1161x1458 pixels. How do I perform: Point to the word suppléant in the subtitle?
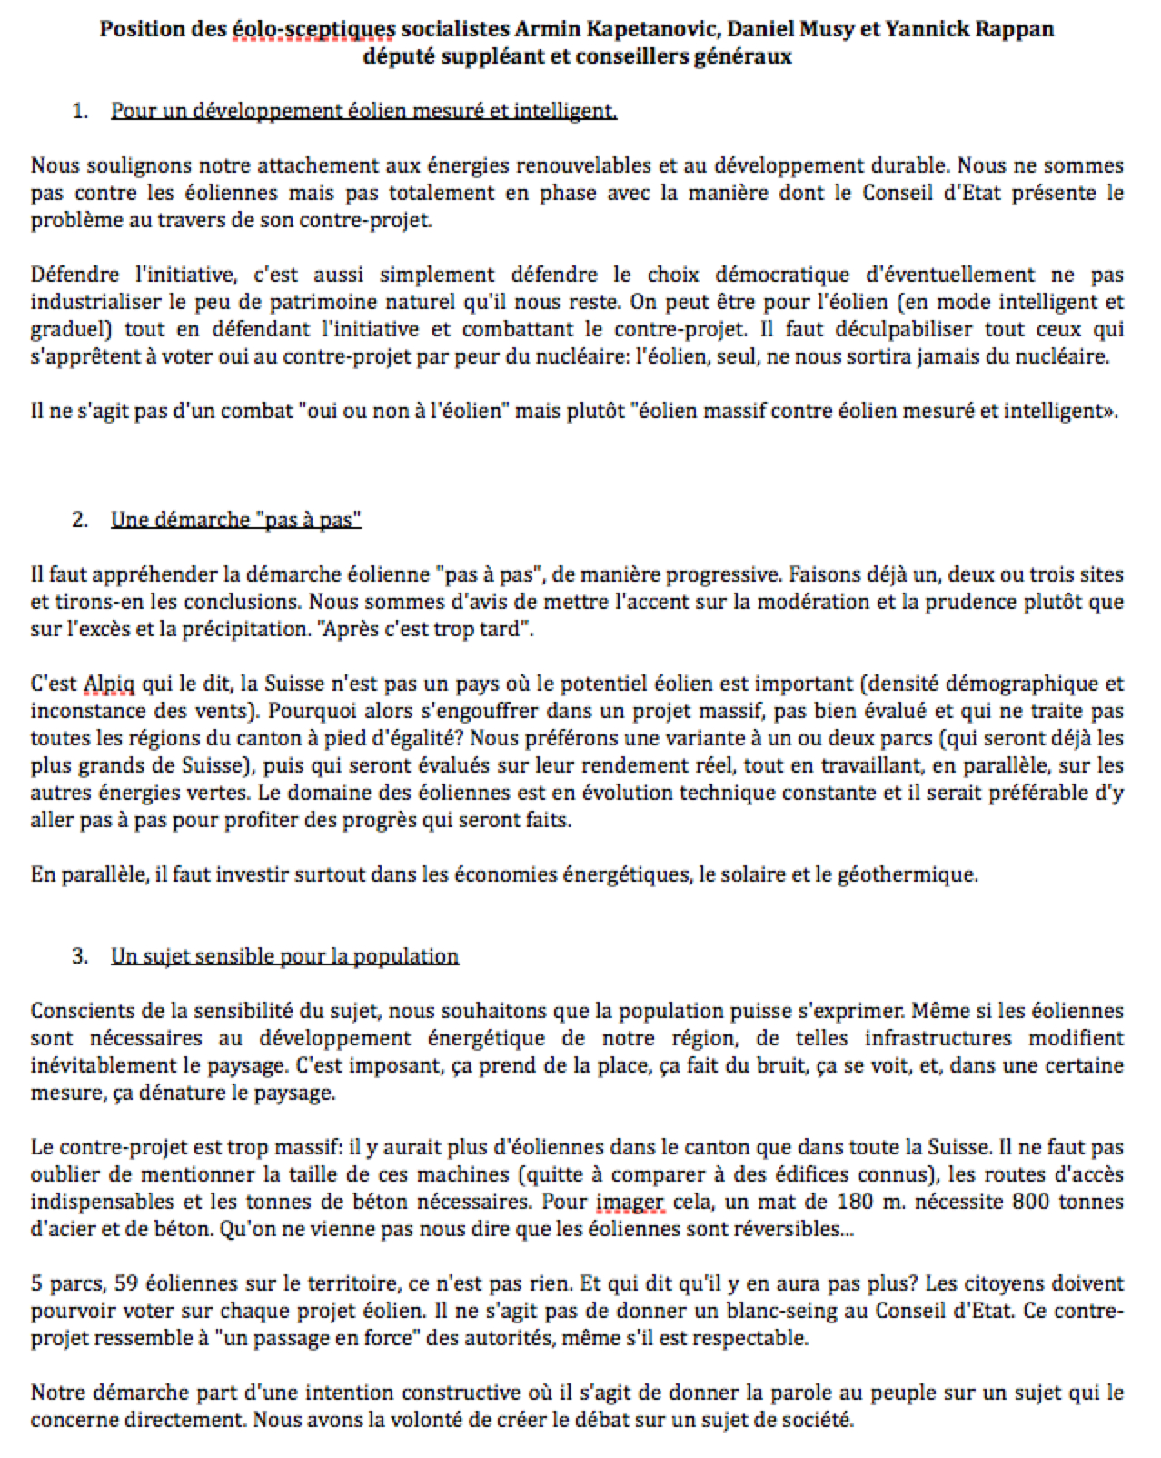point(482,56)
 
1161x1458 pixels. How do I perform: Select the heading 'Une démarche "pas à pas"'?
point(236,520)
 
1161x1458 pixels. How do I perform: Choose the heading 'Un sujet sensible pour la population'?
point(284,956)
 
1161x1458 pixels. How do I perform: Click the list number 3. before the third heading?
point(80,956)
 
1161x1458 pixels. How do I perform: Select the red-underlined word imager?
point(630,1202)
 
